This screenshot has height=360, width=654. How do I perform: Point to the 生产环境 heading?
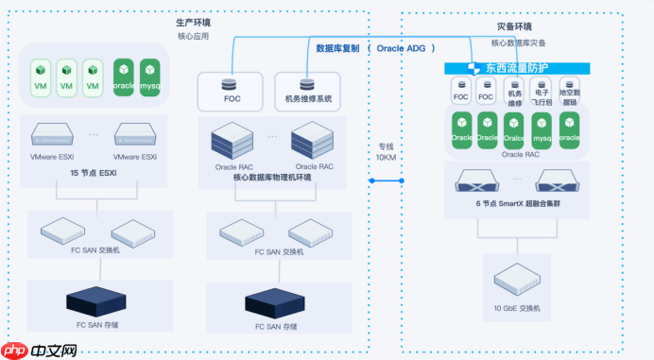pyautogui.click(x=194, y=22)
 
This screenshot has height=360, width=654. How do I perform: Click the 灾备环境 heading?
pyautogui.click(x=515, y=26)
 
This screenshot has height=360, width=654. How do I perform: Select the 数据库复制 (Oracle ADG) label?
pyautogui.click(x=374, y=47)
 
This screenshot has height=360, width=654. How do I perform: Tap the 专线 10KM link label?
pyautogui.click(x=386, y=151)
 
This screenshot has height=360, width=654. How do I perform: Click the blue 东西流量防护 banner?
pyautogui.click(x=518, y=67)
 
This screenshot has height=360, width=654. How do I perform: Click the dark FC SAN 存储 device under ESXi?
pyautogui.click(x=95, y=302)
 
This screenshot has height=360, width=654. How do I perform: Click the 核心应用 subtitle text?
pyautogui.click(x=193, y=37)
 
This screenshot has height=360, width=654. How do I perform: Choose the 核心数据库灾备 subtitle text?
pyautogui.click(x=518, y=43)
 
